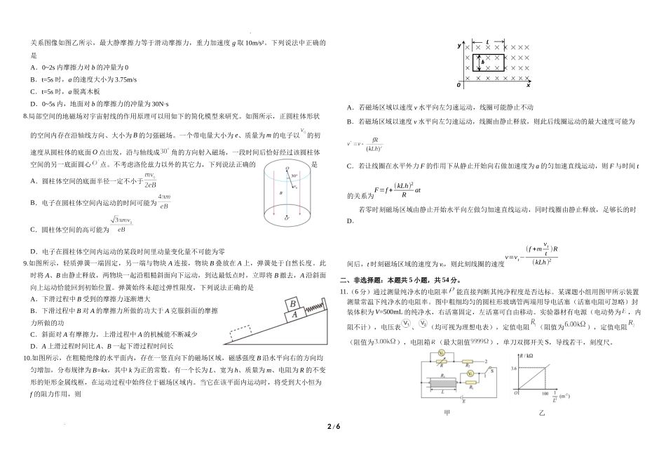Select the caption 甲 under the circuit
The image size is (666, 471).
(447, 413)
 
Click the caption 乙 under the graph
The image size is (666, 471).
(542, 413)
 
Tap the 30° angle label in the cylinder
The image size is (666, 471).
(296, 175)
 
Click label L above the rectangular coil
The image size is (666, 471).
(488, 42)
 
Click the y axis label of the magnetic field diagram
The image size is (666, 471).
(459, 46)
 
